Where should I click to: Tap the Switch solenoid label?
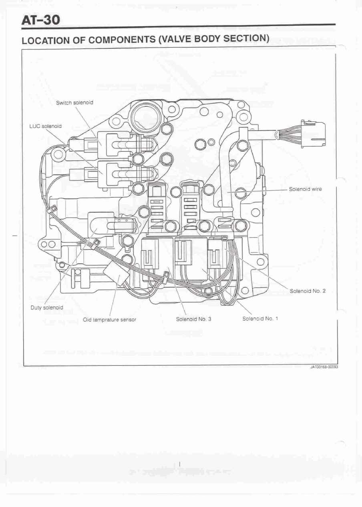click(x=74, y=103)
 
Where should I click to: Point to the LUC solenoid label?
click(x=46, y=126)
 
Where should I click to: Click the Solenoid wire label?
click(x=305, y=189)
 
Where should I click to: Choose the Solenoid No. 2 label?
click(x=307, y=291)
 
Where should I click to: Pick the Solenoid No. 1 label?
click(x=260, y=319)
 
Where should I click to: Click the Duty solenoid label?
click(x=47, y=308)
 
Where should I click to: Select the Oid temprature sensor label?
click(x=109, y=320)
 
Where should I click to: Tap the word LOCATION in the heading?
click(x=44, y=41)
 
